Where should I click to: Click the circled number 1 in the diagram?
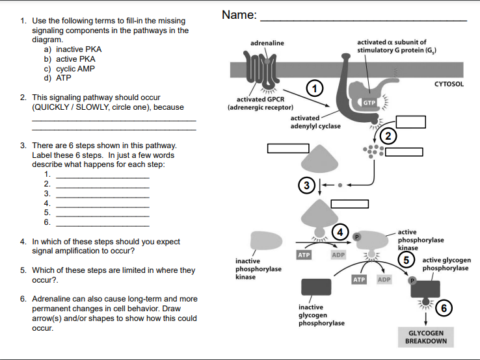tap(315, 88)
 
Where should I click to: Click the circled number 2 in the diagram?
tap(389, 135)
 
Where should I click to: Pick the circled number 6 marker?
tap(444, 308)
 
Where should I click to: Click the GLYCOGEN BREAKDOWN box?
tap(426, 337)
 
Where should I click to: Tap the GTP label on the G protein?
tap(369, 103)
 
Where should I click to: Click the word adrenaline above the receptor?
tap(267, 43)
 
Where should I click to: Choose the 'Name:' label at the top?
tap(239, 15)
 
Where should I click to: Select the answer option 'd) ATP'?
tap(57, 78)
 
